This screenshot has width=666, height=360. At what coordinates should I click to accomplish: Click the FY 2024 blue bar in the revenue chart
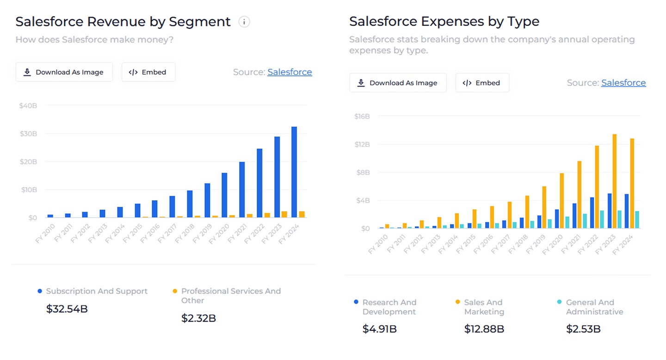(294, 172)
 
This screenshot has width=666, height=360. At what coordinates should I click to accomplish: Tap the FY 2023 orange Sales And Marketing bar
(614, 181)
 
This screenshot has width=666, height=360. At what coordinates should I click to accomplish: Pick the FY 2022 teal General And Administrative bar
(602, 219)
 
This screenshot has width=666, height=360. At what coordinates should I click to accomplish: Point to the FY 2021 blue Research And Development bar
(574, 216)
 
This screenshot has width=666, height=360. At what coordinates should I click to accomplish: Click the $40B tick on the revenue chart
(28, 106)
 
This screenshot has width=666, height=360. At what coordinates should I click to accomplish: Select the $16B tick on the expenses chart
(362, 116)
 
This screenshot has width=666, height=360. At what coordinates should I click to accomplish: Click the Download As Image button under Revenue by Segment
(64, 72)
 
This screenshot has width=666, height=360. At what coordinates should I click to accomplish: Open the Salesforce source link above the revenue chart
(290, 72)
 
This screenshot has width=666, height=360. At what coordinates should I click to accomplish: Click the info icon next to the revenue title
(244, 22)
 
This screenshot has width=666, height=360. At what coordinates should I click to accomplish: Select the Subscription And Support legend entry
(97, 291)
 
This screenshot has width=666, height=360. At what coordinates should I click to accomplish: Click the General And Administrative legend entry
(594, 307)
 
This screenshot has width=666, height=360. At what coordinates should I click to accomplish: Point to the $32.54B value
(67, 309)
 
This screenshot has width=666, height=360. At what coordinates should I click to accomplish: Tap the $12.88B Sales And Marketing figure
(484, 329)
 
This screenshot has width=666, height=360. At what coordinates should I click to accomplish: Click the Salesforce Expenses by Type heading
(444, 21)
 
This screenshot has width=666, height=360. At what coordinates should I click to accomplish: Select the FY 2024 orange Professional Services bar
(302, 214)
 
